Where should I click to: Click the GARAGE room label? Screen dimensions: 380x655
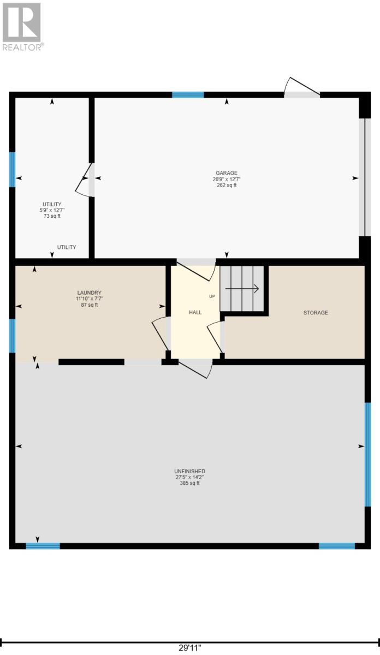(227, 173)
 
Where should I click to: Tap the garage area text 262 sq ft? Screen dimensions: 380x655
(227, 185)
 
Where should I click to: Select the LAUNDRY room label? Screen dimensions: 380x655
(89, 293)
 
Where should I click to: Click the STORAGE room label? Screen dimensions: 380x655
(316, 313)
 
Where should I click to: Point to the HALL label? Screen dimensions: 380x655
(195, 312)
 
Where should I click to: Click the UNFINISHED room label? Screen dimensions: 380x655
(189, 471)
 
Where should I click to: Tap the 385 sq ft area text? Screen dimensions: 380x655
(189, 483)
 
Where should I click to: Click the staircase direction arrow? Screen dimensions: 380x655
(242, 289)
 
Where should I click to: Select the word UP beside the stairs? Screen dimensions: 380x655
(212, 296)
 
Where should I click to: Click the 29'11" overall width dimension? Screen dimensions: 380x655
(190, 647)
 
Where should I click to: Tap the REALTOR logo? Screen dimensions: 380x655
(22, 27)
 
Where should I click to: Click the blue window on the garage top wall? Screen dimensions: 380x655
(188, 95)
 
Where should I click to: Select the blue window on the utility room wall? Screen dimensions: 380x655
(13, 170)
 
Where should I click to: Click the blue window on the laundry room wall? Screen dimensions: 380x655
(13, 336)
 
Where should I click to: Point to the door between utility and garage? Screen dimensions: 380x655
(85, 180)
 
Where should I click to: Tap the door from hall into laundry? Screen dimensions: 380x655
(162, 334)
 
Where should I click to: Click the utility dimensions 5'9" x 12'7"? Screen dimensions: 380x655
(52, 210)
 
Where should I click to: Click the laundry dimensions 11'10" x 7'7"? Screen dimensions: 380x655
(89, 299)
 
